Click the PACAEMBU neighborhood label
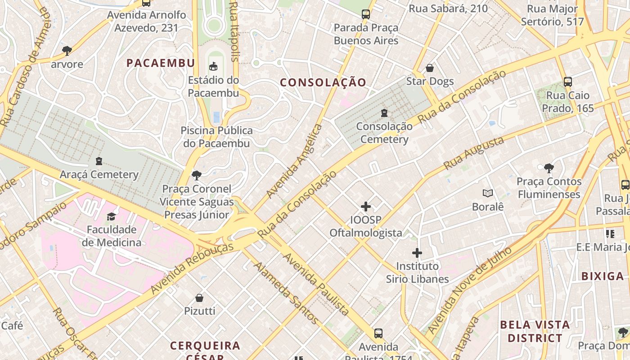coord(161,63)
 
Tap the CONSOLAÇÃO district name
coord(323,82)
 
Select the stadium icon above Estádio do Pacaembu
coord(213,67)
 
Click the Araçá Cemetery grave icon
coord(99,161)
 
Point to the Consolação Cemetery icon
coord(384,112)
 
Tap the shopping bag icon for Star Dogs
coord(430,68)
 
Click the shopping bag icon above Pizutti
coord(199,297)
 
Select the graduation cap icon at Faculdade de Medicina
coord(111,216)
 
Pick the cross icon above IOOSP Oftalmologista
coord(366,207)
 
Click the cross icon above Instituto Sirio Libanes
coord(417,252)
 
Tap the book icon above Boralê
coord(487,193)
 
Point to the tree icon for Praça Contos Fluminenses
coord(549,168)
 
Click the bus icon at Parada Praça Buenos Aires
coord(366,14)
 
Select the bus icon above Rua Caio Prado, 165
coord(568,82)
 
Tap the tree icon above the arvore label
coord(67,50)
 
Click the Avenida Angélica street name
coord(294,161)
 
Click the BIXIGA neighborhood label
coord(603,276)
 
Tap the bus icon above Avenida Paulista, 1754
coord(378,333)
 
